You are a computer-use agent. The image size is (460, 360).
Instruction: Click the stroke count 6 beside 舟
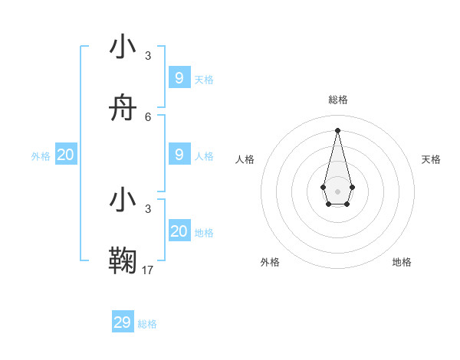click(148, 116)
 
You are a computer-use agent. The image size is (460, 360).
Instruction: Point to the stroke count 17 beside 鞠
click(148, 270)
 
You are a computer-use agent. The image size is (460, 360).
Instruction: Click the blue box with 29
click(123, 322)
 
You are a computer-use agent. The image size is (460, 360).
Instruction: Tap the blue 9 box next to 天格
click(179, 77)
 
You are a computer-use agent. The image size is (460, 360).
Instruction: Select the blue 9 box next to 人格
click(179, 154)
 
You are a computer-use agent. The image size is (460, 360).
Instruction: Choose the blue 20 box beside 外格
click(66, 155)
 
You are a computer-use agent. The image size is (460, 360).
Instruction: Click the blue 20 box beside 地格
click(179, 231)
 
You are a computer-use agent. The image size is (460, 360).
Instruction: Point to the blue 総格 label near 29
click(147, 324)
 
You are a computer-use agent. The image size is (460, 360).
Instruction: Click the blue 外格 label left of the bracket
click(41, 156)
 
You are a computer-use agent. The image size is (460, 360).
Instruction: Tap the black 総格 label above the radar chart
click(337, 100)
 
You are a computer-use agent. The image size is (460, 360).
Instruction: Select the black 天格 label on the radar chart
click(431, 159)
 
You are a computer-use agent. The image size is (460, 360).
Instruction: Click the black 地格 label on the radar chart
click(402, 262)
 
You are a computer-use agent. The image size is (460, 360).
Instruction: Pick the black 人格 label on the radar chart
click(245, 159)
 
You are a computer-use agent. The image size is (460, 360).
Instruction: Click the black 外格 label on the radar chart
click(270, 262)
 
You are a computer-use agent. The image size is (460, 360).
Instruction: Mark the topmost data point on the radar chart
click(337, 129)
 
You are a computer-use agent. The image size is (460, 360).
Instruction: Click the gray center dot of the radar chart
click(337, 191)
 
